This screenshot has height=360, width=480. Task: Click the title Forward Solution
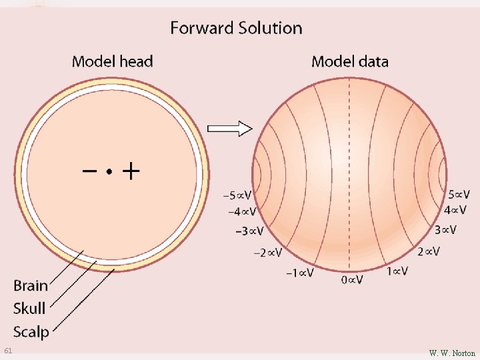[x=236, y=28]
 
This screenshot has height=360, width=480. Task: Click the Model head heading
[x=112, y=62]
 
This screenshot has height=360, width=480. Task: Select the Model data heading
[x=349, y=62]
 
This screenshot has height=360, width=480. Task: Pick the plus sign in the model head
[x=131, y=173]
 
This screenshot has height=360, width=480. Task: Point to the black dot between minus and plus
[x=109, y=172]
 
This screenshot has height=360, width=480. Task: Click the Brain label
[x=31, y=286]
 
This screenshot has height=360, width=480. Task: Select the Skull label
[x=29, y=309]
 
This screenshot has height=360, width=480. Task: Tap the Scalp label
[x=31, y=331]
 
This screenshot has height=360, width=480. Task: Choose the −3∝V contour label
[x=249, y=231]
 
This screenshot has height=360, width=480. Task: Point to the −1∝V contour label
[x=299, y=273]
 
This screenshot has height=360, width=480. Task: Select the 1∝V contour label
[x=397, y=272]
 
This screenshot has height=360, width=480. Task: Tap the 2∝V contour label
[x=429, y=252]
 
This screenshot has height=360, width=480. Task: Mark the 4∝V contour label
[x=455, y=210]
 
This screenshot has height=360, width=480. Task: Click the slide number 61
[x=8, y=351]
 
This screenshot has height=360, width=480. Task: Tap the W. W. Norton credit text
[x=452, y=353]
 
